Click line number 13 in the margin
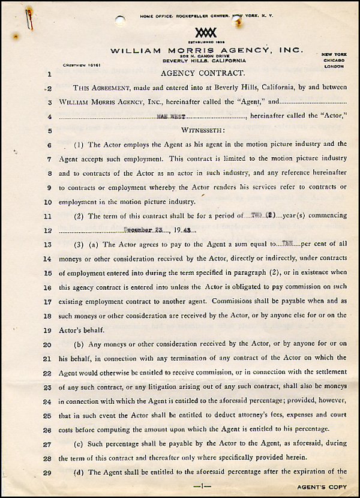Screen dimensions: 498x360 click(x=48, y=245)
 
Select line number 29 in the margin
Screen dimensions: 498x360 click(x=48, y=473)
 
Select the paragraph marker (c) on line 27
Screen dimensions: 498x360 click(x=79, y=444)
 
